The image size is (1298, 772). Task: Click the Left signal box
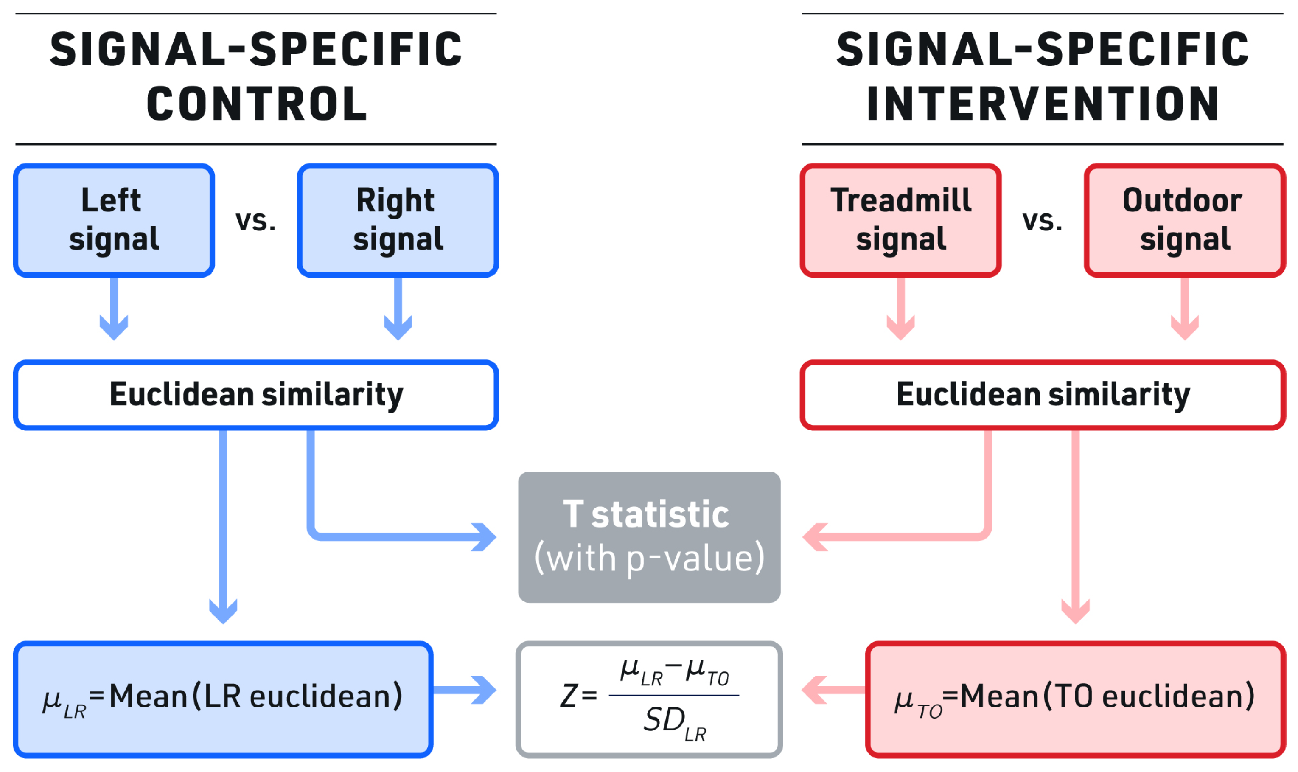(x=114, y=220)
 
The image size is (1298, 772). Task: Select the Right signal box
(x=398, y=220)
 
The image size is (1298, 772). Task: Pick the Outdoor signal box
(x=1184, y=220)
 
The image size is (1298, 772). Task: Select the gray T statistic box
(x=649, y=537)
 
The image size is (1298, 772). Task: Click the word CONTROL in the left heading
(x=257, y=104)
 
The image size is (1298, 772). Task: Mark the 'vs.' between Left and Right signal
(x=255, y=221)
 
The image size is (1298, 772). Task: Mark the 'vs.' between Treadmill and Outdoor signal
(x=1042, y=221)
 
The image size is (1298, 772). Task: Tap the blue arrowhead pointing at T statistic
(x=484, y=537)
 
